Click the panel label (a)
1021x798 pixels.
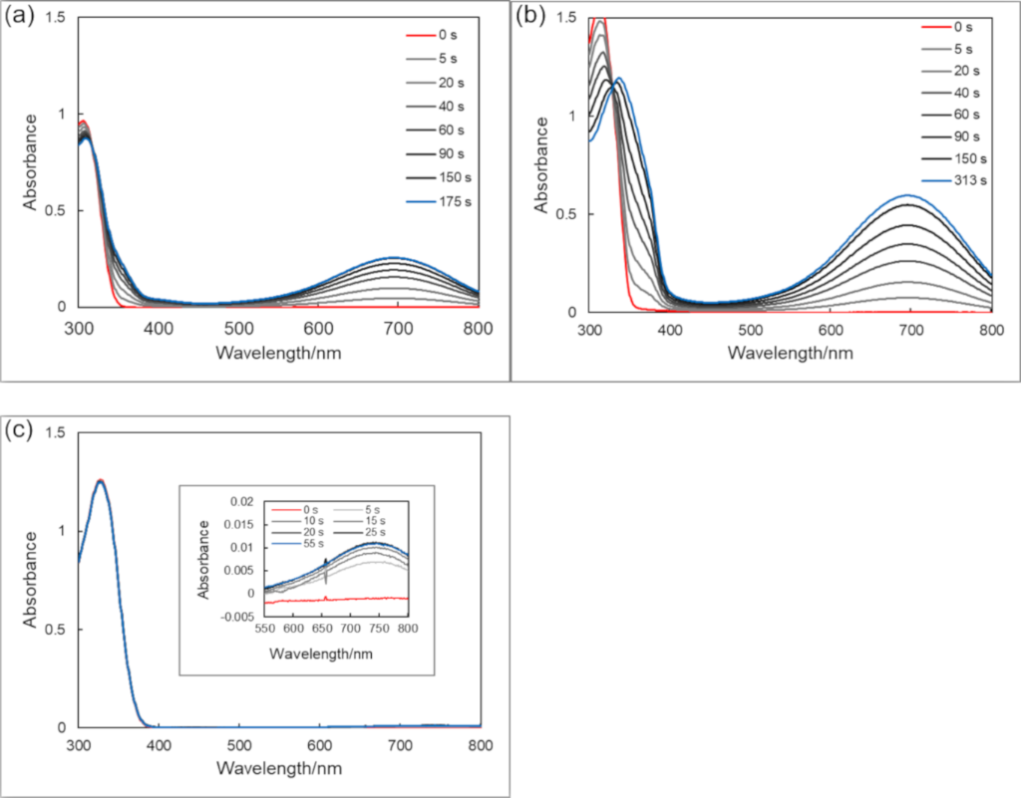(x=21, y=16)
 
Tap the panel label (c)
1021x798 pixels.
(x=21, y=430)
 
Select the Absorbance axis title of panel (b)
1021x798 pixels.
(x=542, y=164)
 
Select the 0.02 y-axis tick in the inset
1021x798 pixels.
(x=245, y=501)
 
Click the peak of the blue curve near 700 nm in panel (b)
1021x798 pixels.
(x=909, y=195)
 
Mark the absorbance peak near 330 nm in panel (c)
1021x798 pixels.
(x=101, y=480)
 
